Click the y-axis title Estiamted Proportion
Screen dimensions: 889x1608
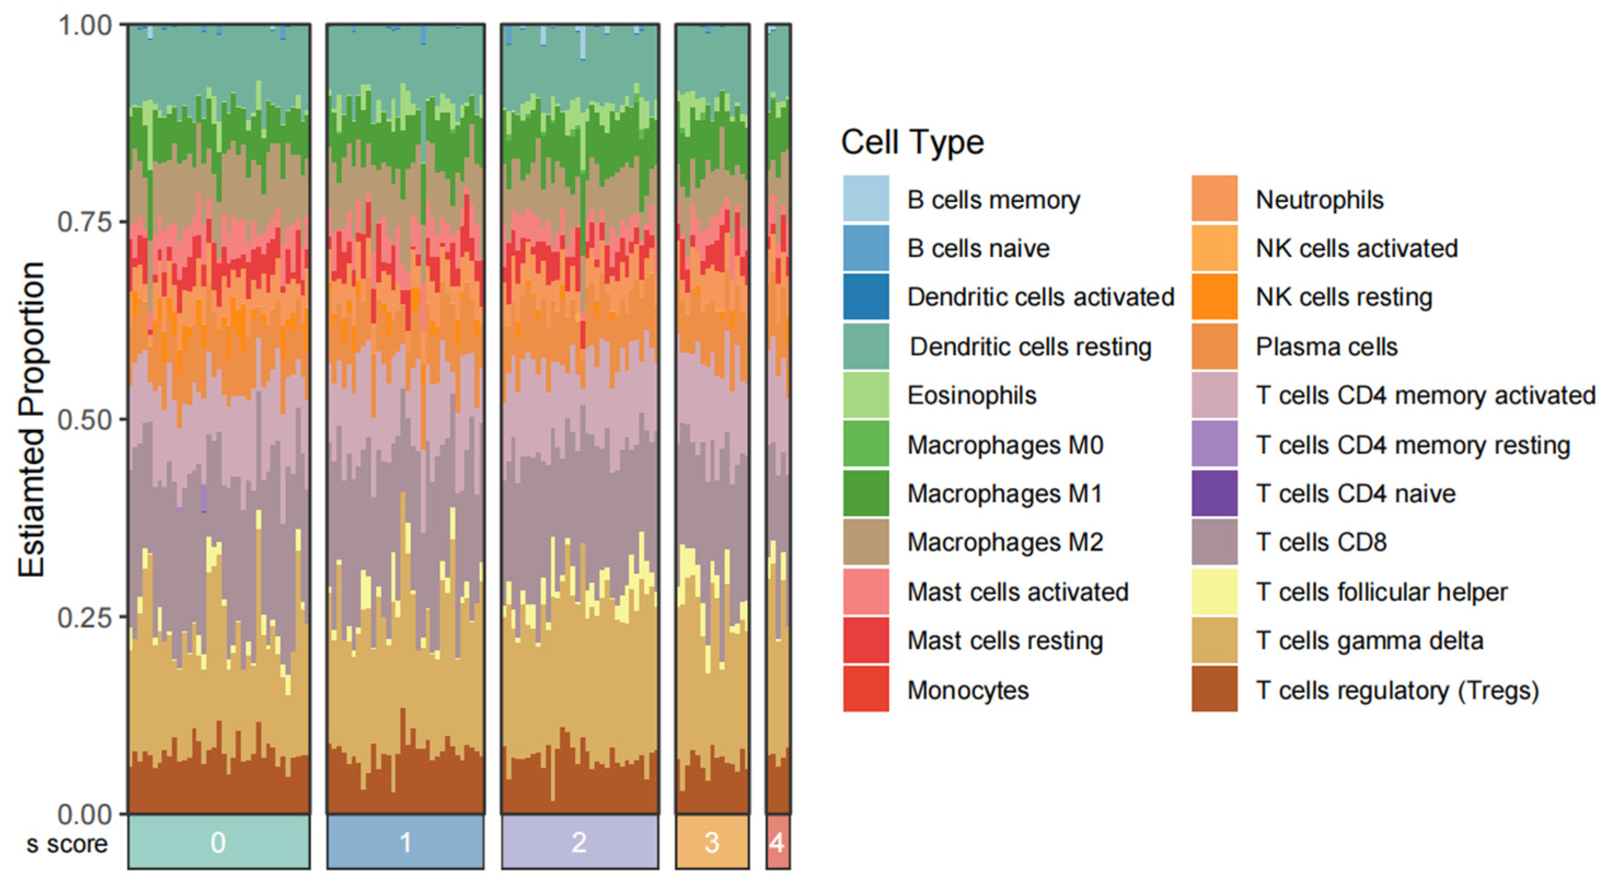[x=31, y=419]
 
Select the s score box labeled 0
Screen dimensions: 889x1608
[x=218, y=842]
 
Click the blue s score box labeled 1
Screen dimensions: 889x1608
[x=405, y=842]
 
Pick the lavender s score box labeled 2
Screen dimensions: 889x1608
[x=579, y=842]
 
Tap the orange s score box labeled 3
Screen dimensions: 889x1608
[x=712, y=842]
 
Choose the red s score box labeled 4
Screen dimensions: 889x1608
[x=778, y=842]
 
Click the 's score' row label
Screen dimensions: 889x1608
[x=67, y=844]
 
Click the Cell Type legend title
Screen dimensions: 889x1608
[x=912, y=142]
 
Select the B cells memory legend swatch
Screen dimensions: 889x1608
[x=866, y=199]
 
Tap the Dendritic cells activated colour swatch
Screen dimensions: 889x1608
[x=866, y=297]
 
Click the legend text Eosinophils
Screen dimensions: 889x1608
[x=971, y=395]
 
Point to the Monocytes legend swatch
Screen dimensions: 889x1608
[x=866, y=689]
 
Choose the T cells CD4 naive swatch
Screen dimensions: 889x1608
[x=1214, y=493]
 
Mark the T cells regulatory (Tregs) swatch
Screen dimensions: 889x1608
[x=1214, y=689]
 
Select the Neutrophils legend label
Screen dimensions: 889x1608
[x=1320, y=200]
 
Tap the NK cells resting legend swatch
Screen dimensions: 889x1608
[x=1214, y=297]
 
